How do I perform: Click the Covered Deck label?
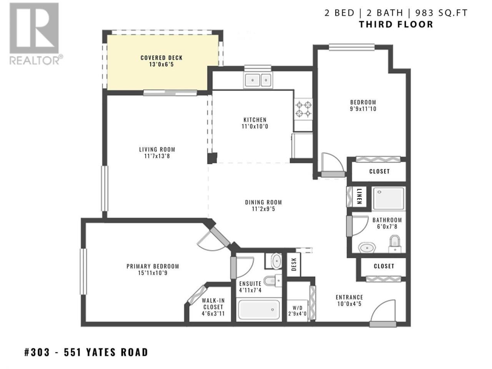point(161,58)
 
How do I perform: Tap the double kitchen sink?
point(258,80)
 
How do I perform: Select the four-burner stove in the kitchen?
point(304,109)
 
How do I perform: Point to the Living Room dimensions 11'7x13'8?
point(157,156)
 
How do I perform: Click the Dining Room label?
point(263,202)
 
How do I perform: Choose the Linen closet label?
point(359,196)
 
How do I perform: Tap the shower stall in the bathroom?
point(389,198)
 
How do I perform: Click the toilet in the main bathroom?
point(394,244)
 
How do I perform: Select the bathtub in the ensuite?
point(259,310)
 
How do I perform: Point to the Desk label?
point(294,264)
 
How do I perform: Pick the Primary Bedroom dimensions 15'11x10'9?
point(153,273)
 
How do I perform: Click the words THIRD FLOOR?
point(396,24)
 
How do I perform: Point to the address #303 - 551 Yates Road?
point(86,352)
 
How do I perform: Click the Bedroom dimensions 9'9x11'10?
point(363,109)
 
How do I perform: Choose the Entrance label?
point(349,297)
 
